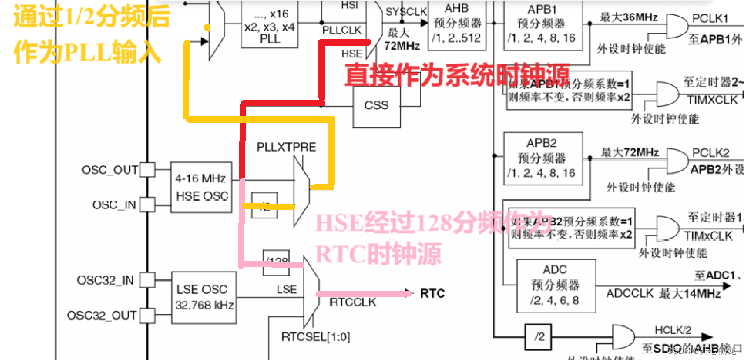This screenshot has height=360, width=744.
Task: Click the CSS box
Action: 377,106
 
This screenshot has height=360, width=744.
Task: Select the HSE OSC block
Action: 201,187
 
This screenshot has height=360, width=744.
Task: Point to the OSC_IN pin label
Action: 114,205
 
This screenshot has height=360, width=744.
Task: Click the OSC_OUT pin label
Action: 109,169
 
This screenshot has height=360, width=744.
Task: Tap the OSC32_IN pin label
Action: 105,280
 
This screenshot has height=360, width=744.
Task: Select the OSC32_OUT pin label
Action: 102,315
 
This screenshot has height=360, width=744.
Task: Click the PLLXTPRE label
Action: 286,147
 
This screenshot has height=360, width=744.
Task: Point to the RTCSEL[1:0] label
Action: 316,336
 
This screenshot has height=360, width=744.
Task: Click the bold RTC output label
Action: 432,293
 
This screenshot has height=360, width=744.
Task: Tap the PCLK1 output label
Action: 710,19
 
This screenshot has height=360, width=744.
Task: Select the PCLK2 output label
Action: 711,152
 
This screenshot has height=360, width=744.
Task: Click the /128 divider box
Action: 276,262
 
